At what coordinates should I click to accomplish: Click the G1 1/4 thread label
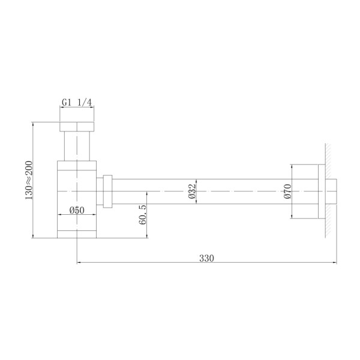tap(77, 103)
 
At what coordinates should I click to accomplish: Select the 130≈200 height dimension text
tap(28, 181)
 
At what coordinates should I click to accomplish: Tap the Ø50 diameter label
tap(76, 210)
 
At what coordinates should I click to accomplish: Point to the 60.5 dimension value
tap(142, 214)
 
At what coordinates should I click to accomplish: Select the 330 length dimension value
tap(206, 258)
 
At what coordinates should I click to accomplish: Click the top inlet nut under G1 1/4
tap(77, 127)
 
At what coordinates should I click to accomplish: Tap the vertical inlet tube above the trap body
tap(77, 146)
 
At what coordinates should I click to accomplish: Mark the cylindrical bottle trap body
tap(77, 192)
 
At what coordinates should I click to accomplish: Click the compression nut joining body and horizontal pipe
tap(108, 191)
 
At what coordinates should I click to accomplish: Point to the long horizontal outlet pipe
tap(198, 191)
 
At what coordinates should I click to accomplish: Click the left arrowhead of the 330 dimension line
tap(79, 263)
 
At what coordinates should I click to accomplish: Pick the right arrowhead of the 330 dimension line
tap(334, 263)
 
